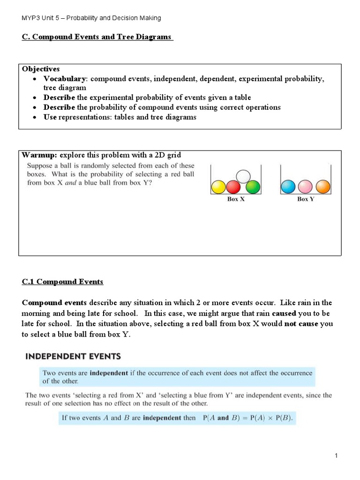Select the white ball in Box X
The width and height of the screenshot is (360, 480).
pyautogui.click(x=243, y=176)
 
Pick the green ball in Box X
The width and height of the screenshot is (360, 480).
pyautogui.click(x=253, y=187)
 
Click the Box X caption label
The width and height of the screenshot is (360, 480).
pyautogui.click(x=236, y=199)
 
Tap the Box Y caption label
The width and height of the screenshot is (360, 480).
pyautogui.click(x=306, y=199)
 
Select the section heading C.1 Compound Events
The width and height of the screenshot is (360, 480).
pyautogui.click(x=62, y=282)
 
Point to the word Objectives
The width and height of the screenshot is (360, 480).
pyautogui.click(x=41, y=69)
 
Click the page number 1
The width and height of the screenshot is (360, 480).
pyautogui.click(x=336, y=456)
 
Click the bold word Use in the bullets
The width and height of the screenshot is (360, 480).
pyautogui.click(x=50, y=117)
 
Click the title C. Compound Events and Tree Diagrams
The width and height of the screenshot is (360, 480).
pyautogui.click(x=97, y=37)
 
